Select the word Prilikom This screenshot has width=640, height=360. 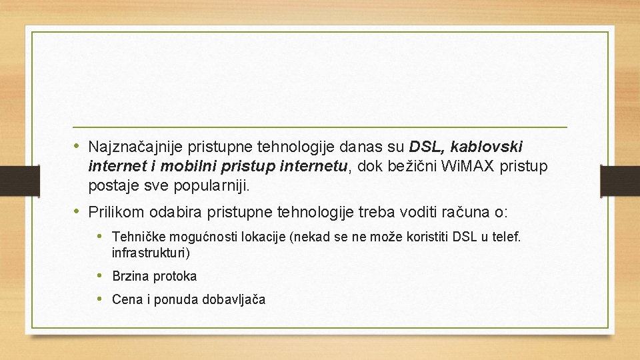coord(117,213)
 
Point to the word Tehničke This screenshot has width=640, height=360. coord(139,237)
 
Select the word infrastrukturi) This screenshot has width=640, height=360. coord(151,253)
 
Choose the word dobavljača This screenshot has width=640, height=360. coord(235,299)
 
